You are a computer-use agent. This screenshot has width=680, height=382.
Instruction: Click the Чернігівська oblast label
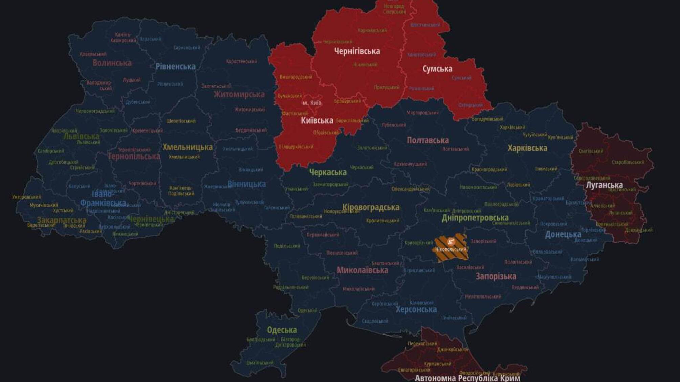tap(357, 51)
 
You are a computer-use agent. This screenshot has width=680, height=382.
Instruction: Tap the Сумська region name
tap(437, 69)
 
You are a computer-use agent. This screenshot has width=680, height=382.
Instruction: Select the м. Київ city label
tap(312, 103)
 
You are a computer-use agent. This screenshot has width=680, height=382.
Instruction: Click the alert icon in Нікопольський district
tap(451, 242)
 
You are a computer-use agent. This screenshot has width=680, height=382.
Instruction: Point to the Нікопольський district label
tap(451, 249)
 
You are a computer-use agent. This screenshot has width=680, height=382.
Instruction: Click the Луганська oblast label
tap(604, 185)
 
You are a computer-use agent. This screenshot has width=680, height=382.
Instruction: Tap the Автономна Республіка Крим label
tap(467, 378)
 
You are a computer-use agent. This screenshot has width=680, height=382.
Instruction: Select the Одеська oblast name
tap(282, 330)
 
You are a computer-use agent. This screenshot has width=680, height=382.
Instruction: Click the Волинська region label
tap(112, 63)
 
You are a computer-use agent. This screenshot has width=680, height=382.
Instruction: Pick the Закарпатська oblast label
tap(62, 220)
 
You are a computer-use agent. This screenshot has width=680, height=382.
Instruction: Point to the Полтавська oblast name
tap(428, 140)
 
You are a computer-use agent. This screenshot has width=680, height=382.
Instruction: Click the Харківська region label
tap(527, 148)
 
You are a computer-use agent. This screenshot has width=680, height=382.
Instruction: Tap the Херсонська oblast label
tap(416, 309)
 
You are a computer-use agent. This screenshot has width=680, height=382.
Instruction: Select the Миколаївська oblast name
tap(362, 270)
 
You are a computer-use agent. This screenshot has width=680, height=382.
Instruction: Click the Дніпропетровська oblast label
tap(475, 218)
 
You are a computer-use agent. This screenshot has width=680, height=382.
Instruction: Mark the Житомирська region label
tap(239, 94)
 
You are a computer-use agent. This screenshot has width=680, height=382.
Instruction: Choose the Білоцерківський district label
tap(296, 147)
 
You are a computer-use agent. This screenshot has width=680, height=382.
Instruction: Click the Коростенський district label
tap(242, 61)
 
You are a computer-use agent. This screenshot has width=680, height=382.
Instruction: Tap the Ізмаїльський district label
tap(260, 363)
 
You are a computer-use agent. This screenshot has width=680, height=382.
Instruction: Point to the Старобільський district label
tap(628, 162)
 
